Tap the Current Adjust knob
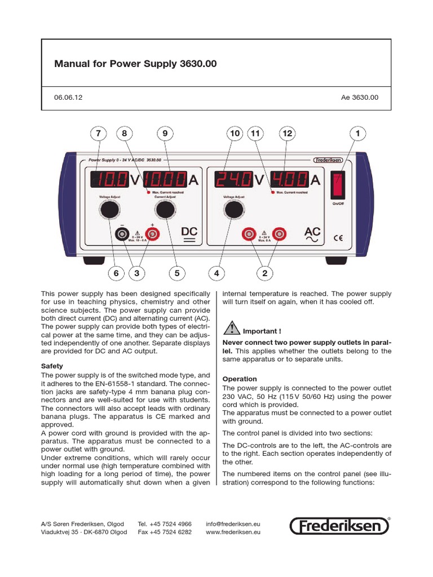pyautogui.click(x=165, y=210)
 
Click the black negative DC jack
pyautogui.click(x=121, y=233)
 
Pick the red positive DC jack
pyautogui.click(x=152, y=233)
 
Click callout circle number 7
pyautogui.click(x=99, y=134)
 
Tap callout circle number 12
pyautogui.click(x=288, y=134)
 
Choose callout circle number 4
pyautogui.click(x=216, y=273)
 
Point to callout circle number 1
pyautogui.click(x=357, y=134)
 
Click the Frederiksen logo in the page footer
pyautogui.click(x=340, y=526)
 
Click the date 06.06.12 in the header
pyautogui.click(x=68, y=97)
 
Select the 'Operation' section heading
pyautogui.click(x=240, y=379)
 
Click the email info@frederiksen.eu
pyautogui.click(x=233, y=523)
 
